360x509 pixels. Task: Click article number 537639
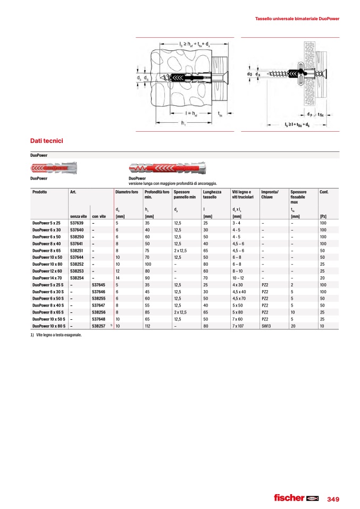(77, 223)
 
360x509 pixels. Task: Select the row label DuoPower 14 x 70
(48, 278)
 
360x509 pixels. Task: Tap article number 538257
(99, 326)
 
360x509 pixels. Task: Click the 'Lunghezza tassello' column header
(213, 194)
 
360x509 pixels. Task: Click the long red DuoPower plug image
(168, 169)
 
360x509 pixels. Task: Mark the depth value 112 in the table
(149, 326)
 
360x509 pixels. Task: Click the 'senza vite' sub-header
(79, 216)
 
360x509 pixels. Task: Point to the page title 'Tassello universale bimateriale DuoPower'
(297, 19)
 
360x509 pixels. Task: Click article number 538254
(77, 278)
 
